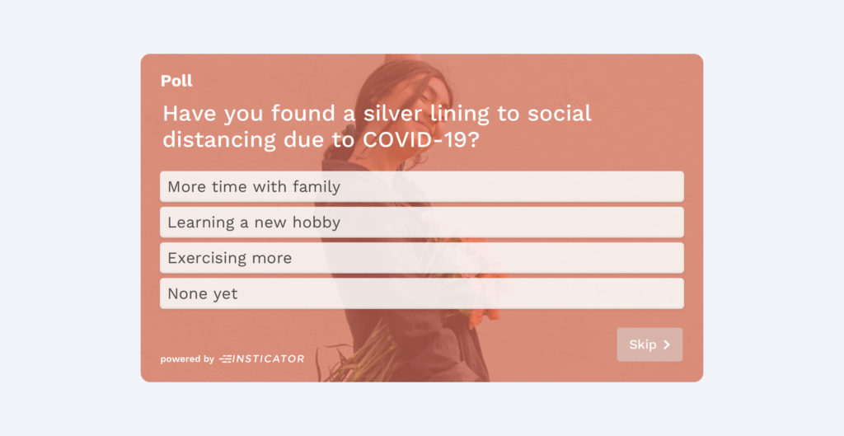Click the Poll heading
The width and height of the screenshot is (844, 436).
coord(176,81)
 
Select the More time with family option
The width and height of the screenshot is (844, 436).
coord(421,187)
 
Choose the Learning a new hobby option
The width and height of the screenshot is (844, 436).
coord(421,223)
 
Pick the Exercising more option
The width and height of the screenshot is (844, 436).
coord(421,258)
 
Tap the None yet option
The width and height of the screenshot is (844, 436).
coord(421,293)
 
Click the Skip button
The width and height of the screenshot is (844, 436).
coord(649,345)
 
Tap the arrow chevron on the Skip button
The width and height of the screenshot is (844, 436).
coord(667,345)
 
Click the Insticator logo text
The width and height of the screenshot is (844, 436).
coord(262,359)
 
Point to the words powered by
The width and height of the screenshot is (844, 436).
coord(187,359)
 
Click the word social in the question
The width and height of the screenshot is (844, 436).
coord(560,114)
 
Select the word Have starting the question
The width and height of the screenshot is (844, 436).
coord(190,114)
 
